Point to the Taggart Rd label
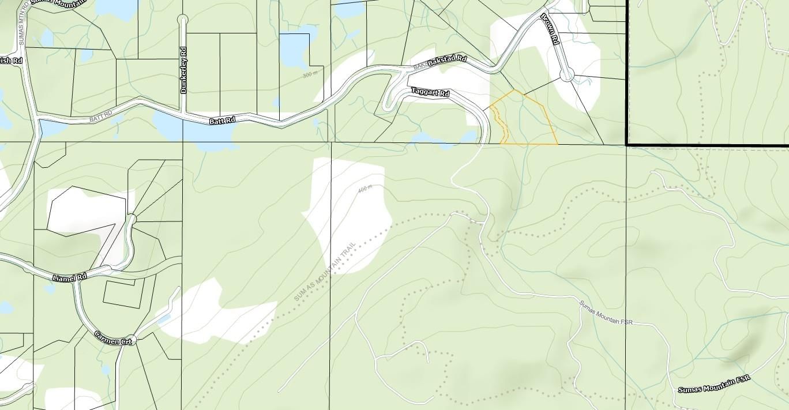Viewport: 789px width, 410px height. click(430, 92)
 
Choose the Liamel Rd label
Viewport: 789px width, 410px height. click(69, 277)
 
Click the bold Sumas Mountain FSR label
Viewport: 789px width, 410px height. click(714, 385)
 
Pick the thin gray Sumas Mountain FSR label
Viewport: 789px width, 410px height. click(606, 312)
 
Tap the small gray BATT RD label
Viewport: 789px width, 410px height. click(99, 118)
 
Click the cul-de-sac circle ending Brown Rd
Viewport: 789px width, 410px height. click(567, 74)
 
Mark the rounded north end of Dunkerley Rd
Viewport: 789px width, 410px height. click(183, 19)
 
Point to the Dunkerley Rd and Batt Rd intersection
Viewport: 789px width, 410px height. click(183, 113)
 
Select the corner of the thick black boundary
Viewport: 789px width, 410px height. click(627, 144)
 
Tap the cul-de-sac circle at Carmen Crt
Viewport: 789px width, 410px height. click(133, 340)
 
